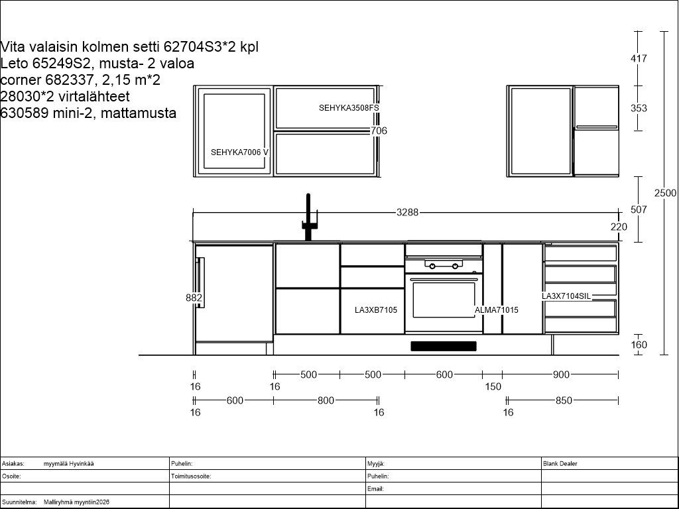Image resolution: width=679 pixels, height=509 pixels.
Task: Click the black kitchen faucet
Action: click(x=308, y=217)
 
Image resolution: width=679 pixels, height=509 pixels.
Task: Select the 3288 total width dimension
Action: click(x=408, y=212)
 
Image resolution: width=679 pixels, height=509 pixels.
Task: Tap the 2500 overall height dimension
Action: click(x=665, y=193)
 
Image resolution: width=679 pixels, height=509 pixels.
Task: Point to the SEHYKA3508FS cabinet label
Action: click(x=349, y=108)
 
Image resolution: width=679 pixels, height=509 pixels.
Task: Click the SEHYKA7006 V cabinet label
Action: click(x=239, y=152)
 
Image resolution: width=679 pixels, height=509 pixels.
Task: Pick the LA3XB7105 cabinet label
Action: click(x=376, y=310)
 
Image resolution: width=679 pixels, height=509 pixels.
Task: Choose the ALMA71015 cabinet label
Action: click(x=496, y=310)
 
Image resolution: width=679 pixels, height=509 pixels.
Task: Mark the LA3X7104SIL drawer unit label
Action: click(x=566, y=296)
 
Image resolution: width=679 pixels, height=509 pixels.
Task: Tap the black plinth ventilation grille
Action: click(x=444, y=346)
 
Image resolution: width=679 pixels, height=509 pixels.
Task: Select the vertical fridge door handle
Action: click(x=200, y=282)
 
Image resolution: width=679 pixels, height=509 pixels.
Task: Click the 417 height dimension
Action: click(x=639, y=58)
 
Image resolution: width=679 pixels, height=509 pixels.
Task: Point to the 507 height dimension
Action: click(x=639, y=209)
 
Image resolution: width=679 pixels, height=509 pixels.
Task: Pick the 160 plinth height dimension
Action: click(x=639, y=345)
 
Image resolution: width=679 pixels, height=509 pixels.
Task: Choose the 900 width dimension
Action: click(x=561, y=374)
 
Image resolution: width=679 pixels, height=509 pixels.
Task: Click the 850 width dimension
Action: click(x=564, y=400)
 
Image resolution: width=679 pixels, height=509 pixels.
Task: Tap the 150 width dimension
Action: click(x=493, y=386)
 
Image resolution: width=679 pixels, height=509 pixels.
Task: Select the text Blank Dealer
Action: click(x=560, y=463)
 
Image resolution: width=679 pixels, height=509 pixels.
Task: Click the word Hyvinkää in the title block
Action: click(x=82, y=463)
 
